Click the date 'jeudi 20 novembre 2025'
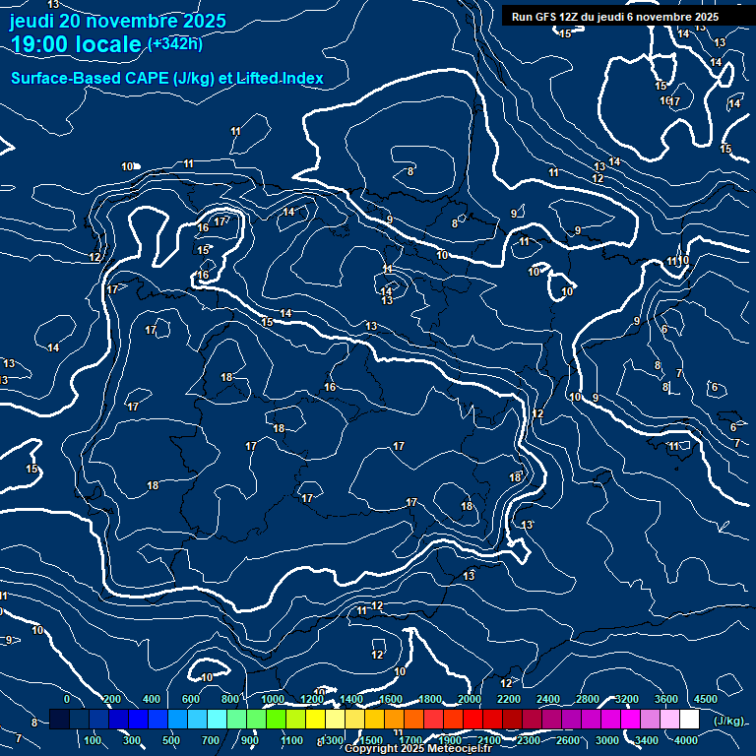coord(117,21)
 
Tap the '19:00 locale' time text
coord(77,44)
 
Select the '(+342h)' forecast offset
coord(174,43)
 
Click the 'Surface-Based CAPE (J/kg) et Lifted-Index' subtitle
coord(166,78)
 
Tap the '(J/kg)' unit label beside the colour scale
coord(728,721)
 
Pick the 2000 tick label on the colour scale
coord(470,699)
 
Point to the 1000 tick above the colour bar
coord(273,699)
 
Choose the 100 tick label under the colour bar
coord(94,740)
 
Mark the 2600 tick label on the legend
coord(568,740)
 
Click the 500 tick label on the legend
coord(171,740)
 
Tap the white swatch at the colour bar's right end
coord(689,720)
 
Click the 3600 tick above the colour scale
coord(666,699)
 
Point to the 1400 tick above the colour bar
coord(351,699)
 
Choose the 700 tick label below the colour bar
coord(211,740)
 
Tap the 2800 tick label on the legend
coord(588,699)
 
